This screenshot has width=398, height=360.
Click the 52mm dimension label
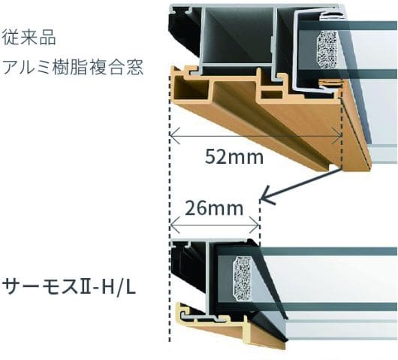click(234, 157)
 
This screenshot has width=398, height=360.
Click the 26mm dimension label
click(214, 208)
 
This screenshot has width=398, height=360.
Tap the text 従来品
click(29, 38)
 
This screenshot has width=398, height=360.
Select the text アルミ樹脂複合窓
click(73, 67)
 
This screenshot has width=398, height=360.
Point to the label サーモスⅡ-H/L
click(68, 287)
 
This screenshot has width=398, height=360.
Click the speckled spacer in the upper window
click(327, 50)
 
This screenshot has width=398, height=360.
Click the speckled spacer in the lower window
click(243, 278)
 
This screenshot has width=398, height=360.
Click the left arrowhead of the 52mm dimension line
click(174, 136)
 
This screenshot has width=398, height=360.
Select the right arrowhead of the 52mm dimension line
click(337, 136)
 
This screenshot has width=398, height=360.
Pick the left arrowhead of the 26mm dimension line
click(175, 225)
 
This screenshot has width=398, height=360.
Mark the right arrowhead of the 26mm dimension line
click(255, 225)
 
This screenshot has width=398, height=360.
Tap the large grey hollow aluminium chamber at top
click(238, 35)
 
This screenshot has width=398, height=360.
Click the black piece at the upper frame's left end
click(185, 31)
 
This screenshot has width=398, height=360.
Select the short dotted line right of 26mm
click(259, 220)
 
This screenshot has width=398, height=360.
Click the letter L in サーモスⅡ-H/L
click(130, 287)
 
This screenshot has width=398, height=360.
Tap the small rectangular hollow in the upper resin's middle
click(272, 95)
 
